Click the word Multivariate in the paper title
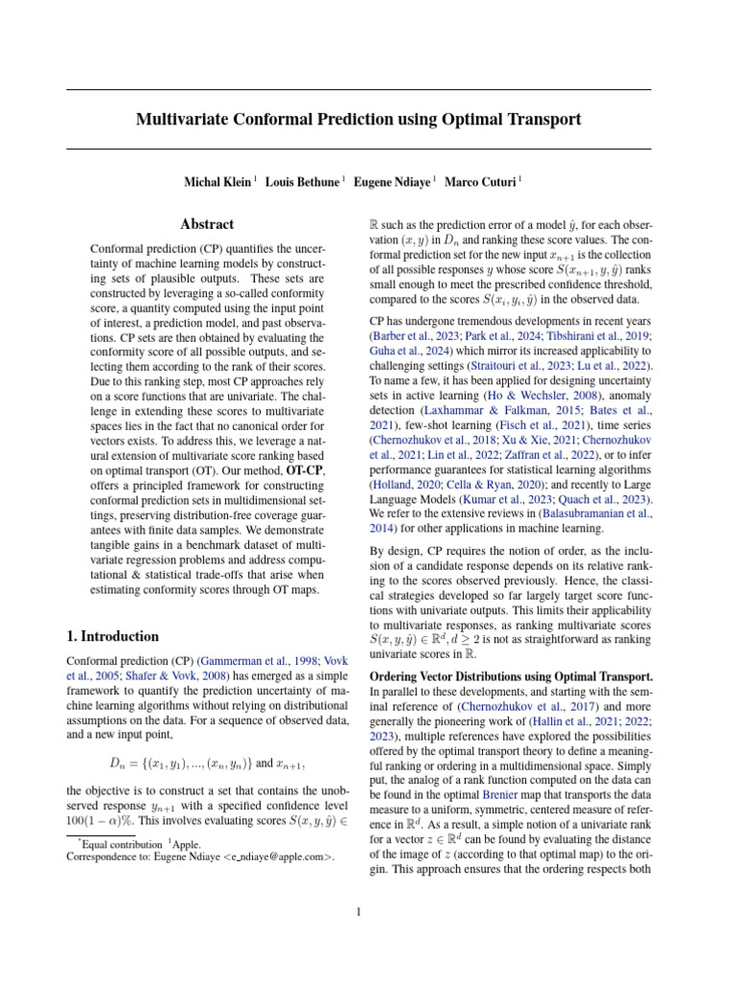click(x=189, y=120)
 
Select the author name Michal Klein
click(x=218, y=181)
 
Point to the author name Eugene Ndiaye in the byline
click(x=393, y=181)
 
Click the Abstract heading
click(x=207, y=224)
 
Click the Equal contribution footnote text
click(x=122, y=843)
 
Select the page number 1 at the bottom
click(x=357, y=911)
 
